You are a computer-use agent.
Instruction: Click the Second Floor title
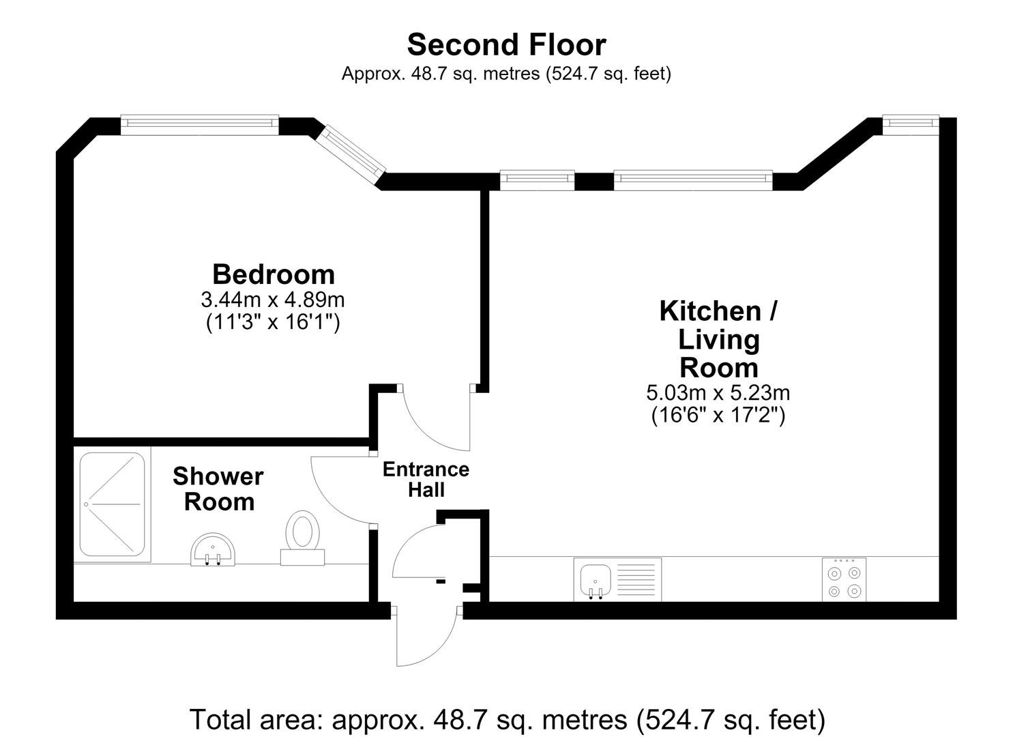tap(506, 45)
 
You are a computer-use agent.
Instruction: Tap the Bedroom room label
tap(274, 274)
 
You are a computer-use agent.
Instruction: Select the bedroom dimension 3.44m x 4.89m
tap(273, 300)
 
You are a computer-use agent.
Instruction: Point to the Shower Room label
tap(218, 489)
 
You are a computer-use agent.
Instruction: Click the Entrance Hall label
tap(426, 479)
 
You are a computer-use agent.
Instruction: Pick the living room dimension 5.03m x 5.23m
tap(718, 392)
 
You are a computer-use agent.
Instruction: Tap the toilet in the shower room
tap(303, 538)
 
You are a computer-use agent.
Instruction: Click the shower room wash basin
tap(213, 549)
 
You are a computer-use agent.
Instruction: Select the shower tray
tap(112, 504)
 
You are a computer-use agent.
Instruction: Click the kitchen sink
tap(596, 581)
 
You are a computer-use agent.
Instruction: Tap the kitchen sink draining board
tap(636, 579)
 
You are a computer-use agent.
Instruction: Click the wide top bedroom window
tap(199, 125)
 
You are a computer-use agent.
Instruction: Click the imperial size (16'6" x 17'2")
tap(718, 415)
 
